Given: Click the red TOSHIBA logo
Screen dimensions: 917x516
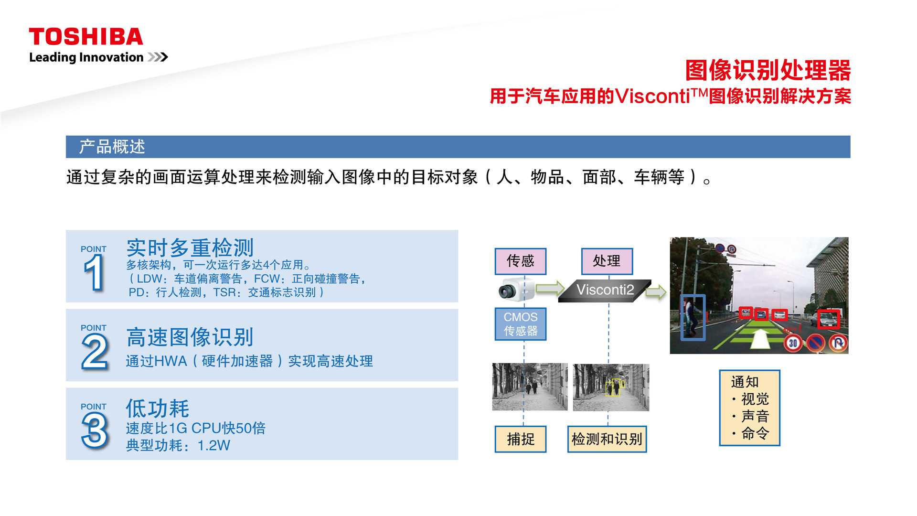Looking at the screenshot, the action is (86, 37).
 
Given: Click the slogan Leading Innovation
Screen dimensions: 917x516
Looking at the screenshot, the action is (86, 57).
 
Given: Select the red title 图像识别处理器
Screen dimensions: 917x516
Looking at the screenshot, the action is (768, 71).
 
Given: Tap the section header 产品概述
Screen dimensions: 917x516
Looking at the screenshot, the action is (112, 147).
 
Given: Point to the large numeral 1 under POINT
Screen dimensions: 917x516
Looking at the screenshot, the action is (94, 272).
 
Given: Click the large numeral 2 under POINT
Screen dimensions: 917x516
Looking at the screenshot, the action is (95, 352).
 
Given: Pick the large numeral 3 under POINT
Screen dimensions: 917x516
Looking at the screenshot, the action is (95, 431).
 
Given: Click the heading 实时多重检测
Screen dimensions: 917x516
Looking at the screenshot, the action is (190, 248).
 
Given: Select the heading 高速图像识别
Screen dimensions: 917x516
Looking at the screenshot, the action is (190, 337).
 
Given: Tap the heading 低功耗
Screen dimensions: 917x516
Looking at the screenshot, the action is (158, 408).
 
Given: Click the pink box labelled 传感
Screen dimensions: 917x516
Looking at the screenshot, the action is (521, 261).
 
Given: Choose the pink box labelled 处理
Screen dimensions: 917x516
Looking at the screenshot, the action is (607, 261).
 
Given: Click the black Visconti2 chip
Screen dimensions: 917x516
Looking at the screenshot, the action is (605, 290).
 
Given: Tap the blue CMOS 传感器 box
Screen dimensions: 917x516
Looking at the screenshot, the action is (521, 324).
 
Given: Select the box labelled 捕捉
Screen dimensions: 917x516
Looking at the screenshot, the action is (521, 439).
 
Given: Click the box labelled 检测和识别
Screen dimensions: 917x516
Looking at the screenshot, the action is (607, 439).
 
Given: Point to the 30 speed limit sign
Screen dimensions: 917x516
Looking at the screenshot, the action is (793, 343).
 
